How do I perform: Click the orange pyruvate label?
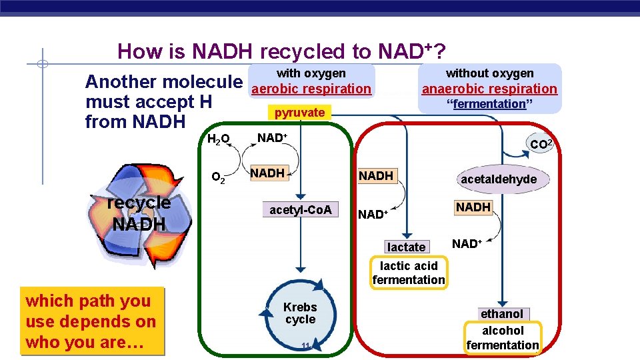coord(299,113)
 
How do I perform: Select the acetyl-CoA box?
coord(300,210)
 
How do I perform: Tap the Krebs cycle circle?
coord(300,313)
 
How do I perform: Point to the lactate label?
coord(406,247)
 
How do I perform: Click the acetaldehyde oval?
coord(498,179)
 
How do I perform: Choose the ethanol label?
coord(501,314)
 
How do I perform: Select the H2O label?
coord(218,139)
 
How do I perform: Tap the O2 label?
coord(217,177)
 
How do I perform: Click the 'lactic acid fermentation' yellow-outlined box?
coord(408,273)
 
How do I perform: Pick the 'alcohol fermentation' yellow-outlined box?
coord(503,337)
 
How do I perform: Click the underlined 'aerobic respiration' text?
coord(311,89)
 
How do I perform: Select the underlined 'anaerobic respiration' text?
coord(489,89)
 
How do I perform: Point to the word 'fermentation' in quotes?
coord(489,103)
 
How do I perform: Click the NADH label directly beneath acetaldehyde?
coord(473,207)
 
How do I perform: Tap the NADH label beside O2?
coord(267,173)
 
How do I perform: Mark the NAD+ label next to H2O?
coord(272,138)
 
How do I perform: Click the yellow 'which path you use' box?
coord(91,321)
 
